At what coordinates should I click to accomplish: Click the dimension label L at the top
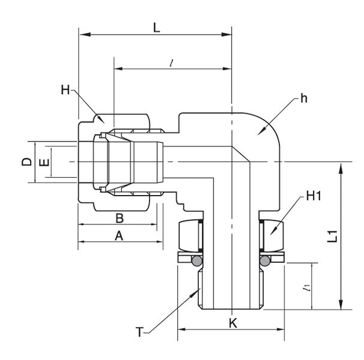[x=157, y=27]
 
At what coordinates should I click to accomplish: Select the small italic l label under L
[x=172, y=62]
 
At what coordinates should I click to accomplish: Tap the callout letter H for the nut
[x=65, y=90]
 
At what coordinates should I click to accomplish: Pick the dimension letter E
[x=42, y=162]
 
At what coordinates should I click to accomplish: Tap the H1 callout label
[x=314, y=196]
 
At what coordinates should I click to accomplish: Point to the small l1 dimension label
[x=307, y=288]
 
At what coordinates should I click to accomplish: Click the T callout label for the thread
[x=139, y=331]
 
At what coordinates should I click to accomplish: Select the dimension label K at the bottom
[x=233, y=323]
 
